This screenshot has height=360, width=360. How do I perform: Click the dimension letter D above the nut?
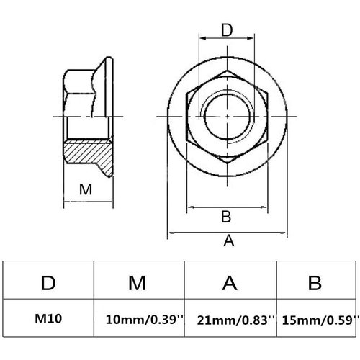pos(227,30)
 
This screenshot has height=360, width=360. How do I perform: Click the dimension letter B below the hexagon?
pos(225,217)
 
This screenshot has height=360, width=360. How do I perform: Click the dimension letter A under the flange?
pos(229,242)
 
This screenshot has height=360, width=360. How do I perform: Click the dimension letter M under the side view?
pos(86,190)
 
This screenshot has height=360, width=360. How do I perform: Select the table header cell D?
pos(48,283)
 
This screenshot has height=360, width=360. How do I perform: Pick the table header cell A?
pos(230,283)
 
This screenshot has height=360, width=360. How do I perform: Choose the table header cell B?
pos(314,283)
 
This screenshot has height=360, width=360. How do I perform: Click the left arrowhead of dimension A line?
pos(171,234)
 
